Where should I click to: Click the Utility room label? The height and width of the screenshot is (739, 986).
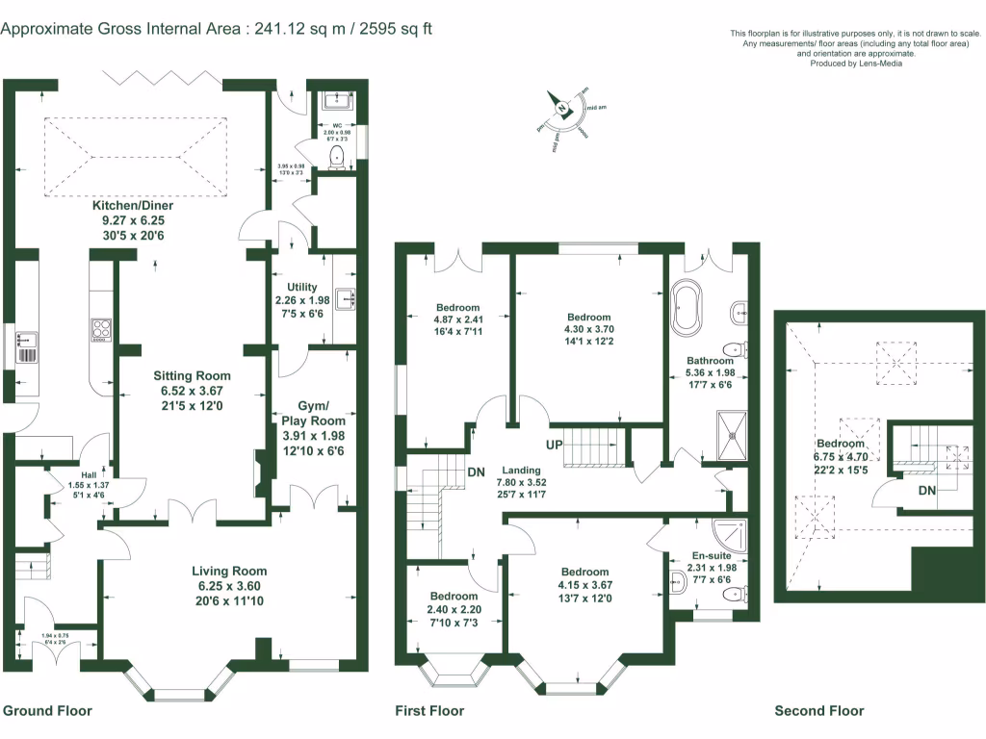tap(301, 287)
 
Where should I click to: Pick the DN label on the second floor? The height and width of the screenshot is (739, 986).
tap(925, 490)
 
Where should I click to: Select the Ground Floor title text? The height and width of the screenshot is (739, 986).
tap(47, 711)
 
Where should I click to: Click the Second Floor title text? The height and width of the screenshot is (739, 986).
tap(818, 711)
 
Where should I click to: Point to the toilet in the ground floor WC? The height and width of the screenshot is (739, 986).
tap(337, 157)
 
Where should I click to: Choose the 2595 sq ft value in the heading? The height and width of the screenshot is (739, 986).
tap(394, 29)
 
